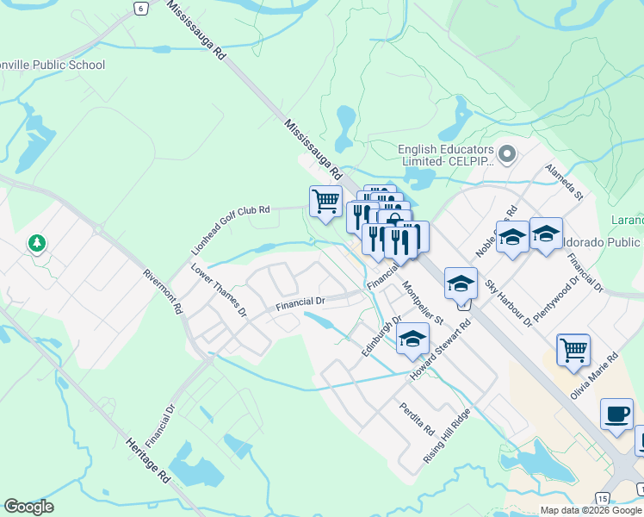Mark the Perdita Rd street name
tap(417, 417)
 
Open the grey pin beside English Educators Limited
tap(507, 154)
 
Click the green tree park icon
tap(37, 244)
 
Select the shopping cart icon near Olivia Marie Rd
tap(573, 350)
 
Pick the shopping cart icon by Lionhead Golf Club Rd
tap(325, 202)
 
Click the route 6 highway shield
tap(139, 7)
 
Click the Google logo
tap(28, 507)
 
